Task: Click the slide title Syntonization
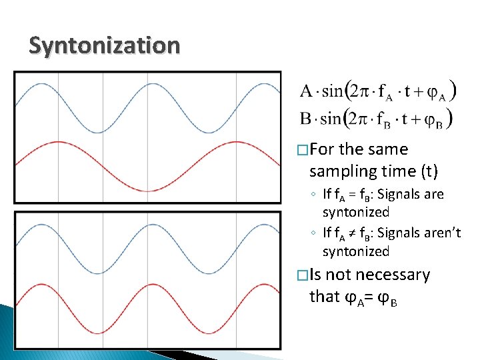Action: (104, 46)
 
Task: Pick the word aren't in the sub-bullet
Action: (441, 233)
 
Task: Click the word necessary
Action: (394, 275)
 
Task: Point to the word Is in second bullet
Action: (315, 275)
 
